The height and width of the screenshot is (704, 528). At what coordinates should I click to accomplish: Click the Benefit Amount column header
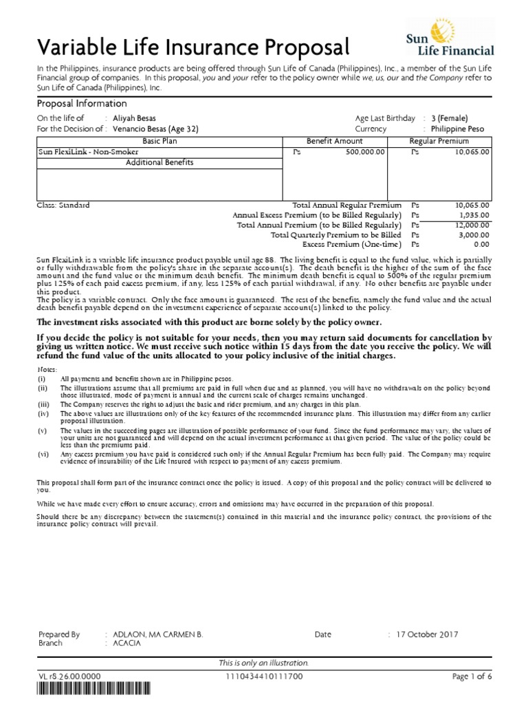click(334, 140)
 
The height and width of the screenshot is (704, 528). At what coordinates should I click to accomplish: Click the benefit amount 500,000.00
click(366, 151)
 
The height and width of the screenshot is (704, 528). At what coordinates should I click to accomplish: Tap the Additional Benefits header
click(159, 163)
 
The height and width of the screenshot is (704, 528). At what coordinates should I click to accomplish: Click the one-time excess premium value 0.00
click(481, 244)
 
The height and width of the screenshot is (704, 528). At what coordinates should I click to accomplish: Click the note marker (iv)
click(43, 414)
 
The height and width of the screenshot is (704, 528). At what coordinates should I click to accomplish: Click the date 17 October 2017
click(426, 635)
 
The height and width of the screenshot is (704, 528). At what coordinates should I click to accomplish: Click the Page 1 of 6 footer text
click(472, 677)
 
